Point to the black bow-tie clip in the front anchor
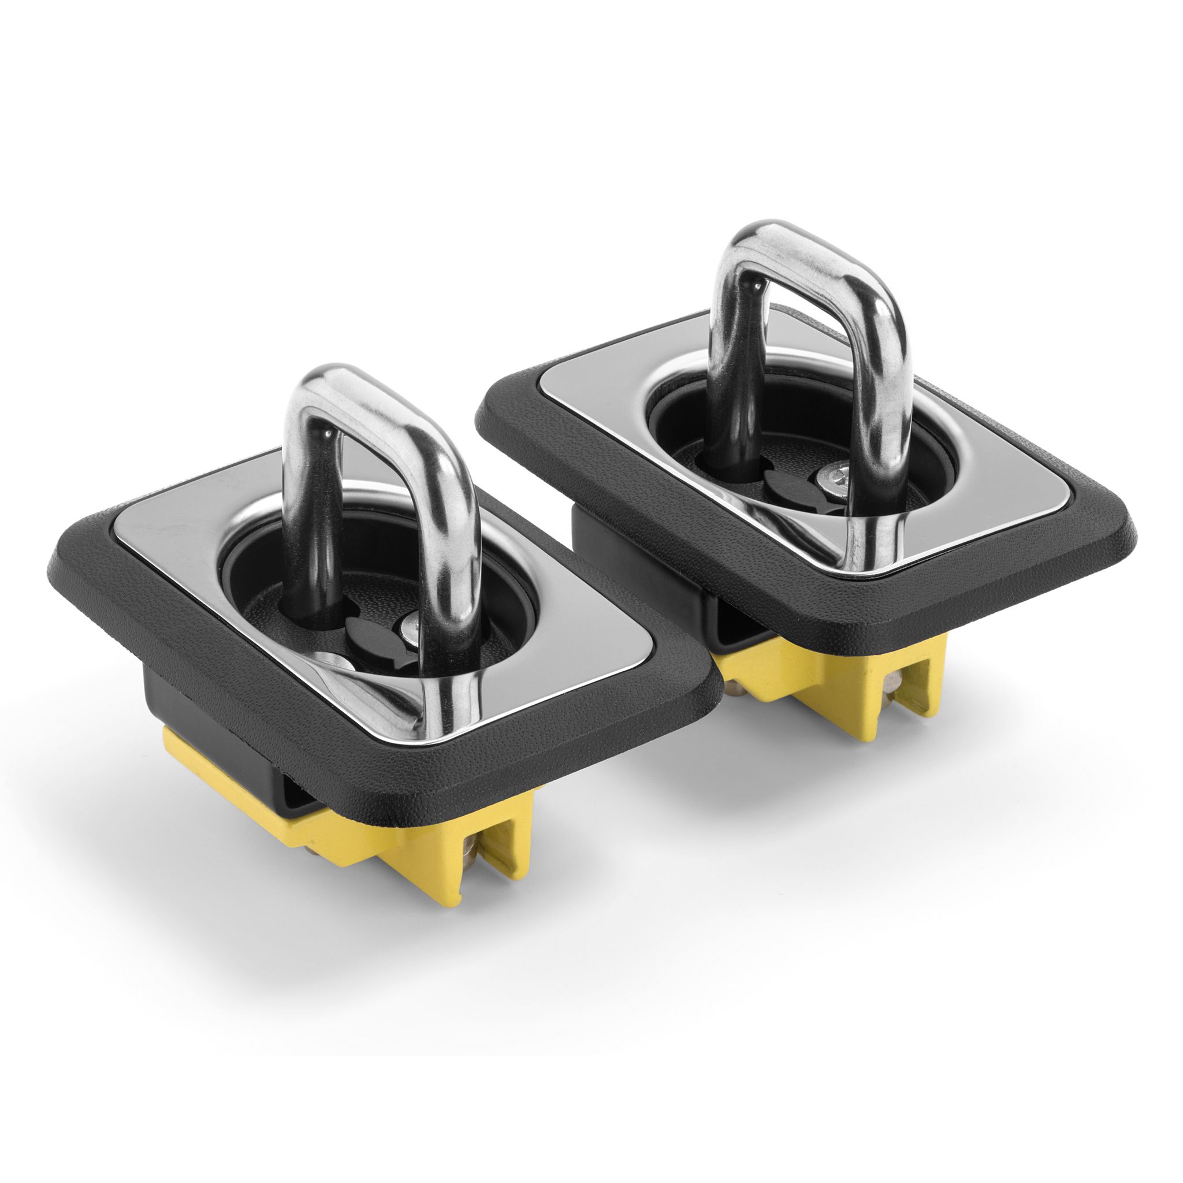pyautogui.click(x=367, y=640)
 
